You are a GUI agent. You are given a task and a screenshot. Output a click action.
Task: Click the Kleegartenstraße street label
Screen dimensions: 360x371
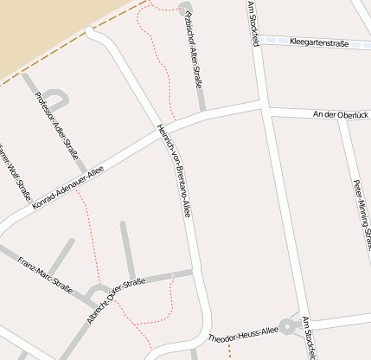318,41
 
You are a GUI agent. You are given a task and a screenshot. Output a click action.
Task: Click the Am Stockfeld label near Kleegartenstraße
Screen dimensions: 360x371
253,16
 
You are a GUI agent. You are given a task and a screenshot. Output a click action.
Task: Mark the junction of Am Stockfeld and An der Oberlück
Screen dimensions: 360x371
263,106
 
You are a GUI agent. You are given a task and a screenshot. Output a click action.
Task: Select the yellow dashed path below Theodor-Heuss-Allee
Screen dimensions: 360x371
229,351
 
